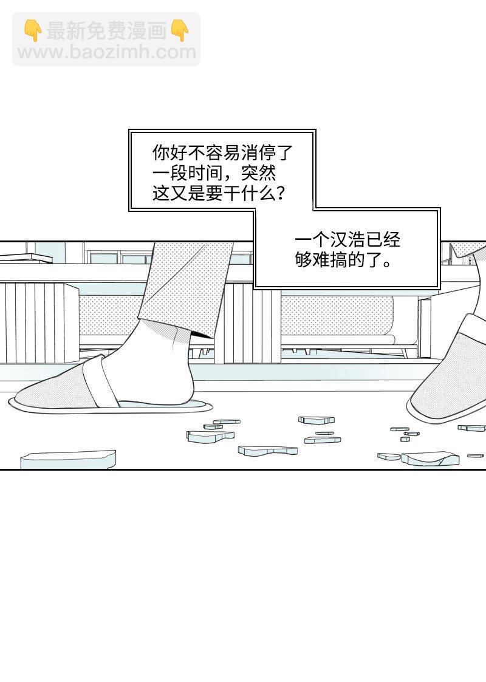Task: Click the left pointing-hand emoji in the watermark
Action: pyautogui.click(x=32, y=30)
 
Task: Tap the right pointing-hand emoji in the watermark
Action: pyautogui.click(x=180, y=30)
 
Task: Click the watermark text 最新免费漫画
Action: pyautogui.click(x=106, y=30)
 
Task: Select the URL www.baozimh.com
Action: pyautogui.click(x=107, y=52)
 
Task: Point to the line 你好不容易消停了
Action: pyautogui.click(x=222, y=152)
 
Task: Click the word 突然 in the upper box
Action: pyautogui.click(x=258, y=173)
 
